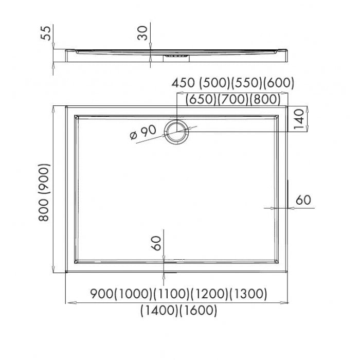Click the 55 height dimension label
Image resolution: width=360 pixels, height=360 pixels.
[45, 33]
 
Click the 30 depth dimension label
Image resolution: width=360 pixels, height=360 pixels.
[142, 33]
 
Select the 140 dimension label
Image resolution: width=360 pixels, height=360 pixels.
[299, 119]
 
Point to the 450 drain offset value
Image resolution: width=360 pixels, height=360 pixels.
[183, 83]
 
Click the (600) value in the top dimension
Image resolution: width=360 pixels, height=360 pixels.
[279, 83]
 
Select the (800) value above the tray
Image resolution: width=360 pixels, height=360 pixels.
[265, 99]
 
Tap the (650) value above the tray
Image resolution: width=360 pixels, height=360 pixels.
[201, 99]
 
